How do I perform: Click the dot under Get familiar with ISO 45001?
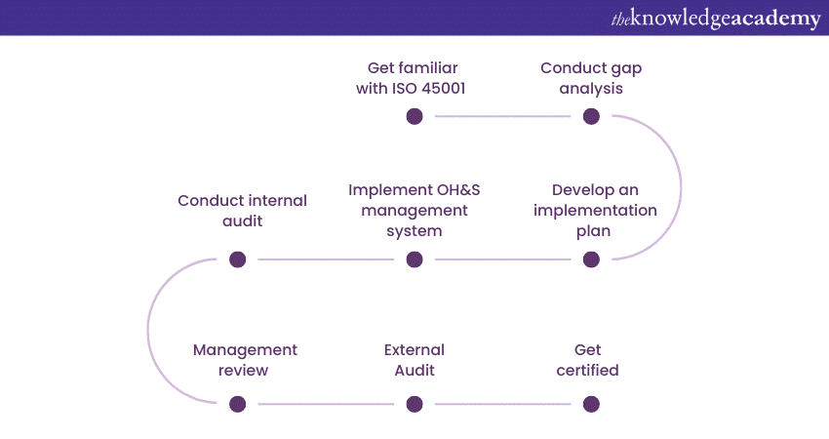(x=414, y=116)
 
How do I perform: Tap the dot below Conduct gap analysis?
(x=591, y=116)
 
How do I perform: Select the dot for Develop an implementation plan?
(x=591, y=259)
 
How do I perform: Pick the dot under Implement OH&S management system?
(x=414, y=259)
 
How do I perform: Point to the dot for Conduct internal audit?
(x=237, y=259)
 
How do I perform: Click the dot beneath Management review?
(x=237, y=404)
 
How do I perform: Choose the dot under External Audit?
(x=414, y=404)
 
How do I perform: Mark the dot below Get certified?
(x=591, y=404)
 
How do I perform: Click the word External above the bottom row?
(x=414, y=349)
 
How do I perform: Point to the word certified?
(x=588, y=370)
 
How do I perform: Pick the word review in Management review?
(x=245, y=370)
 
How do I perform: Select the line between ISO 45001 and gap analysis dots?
(x=502, y=116)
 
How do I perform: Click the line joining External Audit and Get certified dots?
(x=502, y=404)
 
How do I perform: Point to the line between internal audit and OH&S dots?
(x=326, y=259)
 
